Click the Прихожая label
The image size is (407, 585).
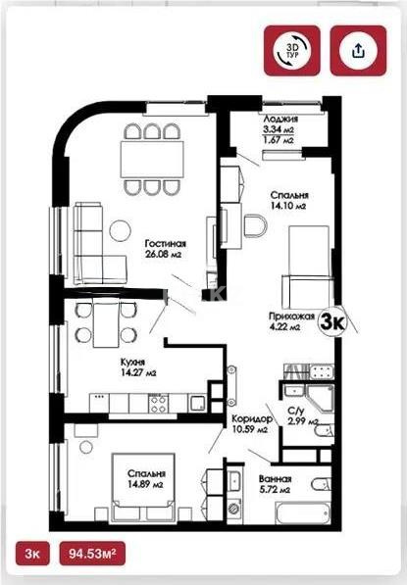coord(290,317)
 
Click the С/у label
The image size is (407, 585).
coord(296,411)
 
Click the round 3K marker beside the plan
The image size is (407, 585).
coord(334,320)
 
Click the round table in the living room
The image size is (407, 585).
coord(119,231)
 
